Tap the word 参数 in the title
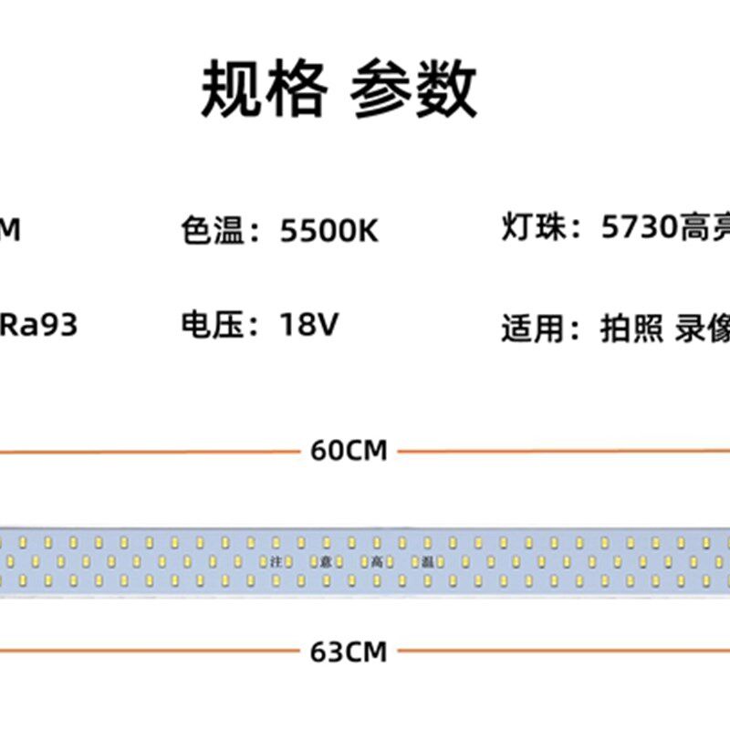pos(413,89)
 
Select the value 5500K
pos(328,231)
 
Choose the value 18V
pos(308,324)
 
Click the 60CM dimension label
pos(349,450)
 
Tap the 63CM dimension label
pos(349,652)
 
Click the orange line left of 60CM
pos(146,451)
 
